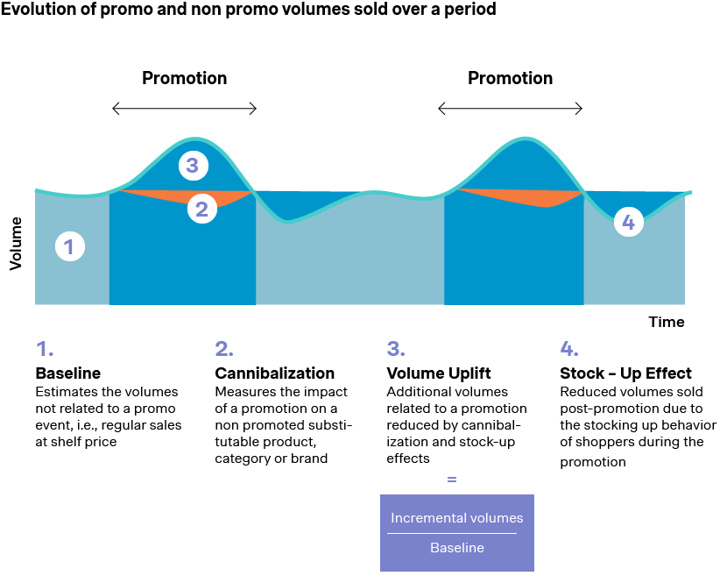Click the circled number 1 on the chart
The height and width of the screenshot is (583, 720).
70,247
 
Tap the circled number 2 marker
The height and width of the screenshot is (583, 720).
202,209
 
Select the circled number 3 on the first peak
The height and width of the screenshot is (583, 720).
193,164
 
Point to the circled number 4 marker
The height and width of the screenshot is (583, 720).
628,223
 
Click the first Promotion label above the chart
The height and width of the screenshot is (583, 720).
184,78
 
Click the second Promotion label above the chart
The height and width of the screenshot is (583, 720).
510,78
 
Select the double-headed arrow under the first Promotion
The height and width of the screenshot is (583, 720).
184,109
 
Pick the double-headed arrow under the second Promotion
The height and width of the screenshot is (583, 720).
510,109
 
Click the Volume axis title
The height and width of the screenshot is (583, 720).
16,244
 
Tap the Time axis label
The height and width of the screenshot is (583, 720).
666,322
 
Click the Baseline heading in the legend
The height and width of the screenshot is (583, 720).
67,373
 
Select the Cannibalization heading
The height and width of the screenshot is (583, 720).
274,373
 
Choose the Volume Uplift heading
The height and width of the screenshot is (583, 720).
439,373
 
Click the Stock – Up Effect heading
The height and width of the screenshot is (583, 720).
625,373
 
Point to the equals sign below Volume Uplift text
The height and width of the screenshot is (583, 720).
452,480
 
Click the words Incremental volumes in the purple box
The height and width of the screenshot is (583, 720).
456,518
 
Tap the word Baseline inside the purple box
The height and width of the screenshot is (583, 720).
456,548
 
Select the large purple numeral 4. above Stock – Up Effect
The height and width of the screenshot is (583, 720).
569,348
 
